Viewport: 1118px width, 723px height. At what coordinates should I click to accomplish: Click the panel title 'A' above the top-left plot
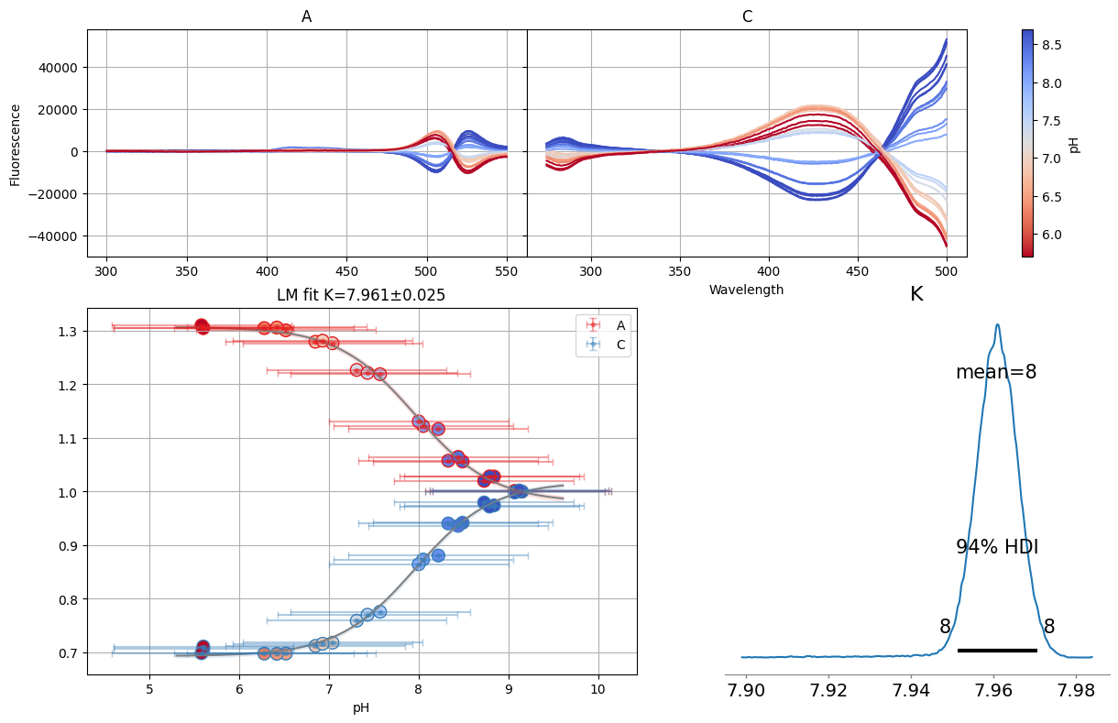(x=306, y=16)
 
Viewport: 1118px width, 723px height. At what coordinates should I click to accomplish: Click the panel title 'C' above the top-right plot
(x=747, y=16)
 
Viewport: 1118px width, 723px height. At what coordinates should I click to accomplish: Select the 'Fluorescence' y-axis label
(x=15, y=145)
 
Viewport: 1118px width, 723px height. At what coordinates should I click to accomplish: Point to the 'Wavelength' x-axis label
(x=747, y=290)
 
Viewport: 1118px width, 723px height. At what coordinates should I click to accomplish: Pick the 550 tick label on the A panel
(x=506, y=272)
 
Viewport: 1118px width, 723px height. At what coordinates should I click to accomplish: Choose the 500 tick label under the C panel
(x=947, y=272)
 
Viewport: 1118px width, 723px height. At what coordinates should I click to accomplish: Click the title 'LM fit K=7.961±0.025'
(x=361, y=295)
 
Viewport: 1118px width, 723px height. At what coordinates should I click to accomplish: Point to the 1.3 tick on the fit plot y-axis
(x=67, y=331)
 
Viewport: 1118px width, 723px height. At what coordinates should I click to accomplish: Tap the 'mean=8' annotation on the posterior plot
(x=996, y=372)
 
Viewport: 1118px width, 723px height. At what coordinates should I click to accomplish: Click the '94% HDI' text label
(x=997, y=547)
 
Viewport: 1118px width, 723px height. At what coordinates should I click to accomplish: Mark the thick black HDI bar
(x=996, y=650)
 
